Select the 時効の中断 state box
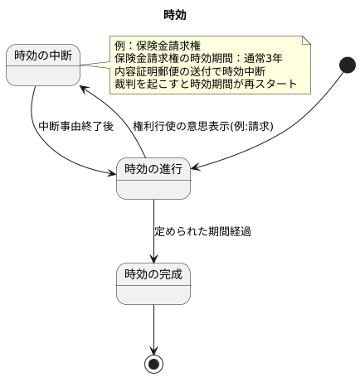tap(43, 65)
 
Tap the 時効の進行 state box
tap(153, 178)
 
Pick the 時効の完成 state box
tap(153, 282)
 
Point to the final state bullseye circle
tap(153, 364)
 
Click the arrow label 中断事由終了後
tap(75, 127)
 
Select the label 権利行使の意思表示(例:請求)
tap(203, 127)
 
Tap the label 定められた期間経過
tap(203, 230)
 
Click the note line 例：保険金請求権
tap(158, 45)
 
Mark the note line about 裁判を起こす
tap(206, 85)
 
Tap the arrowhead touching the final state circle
tap(153, 350)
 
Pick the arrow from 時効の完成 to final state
tap(153, 327)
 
